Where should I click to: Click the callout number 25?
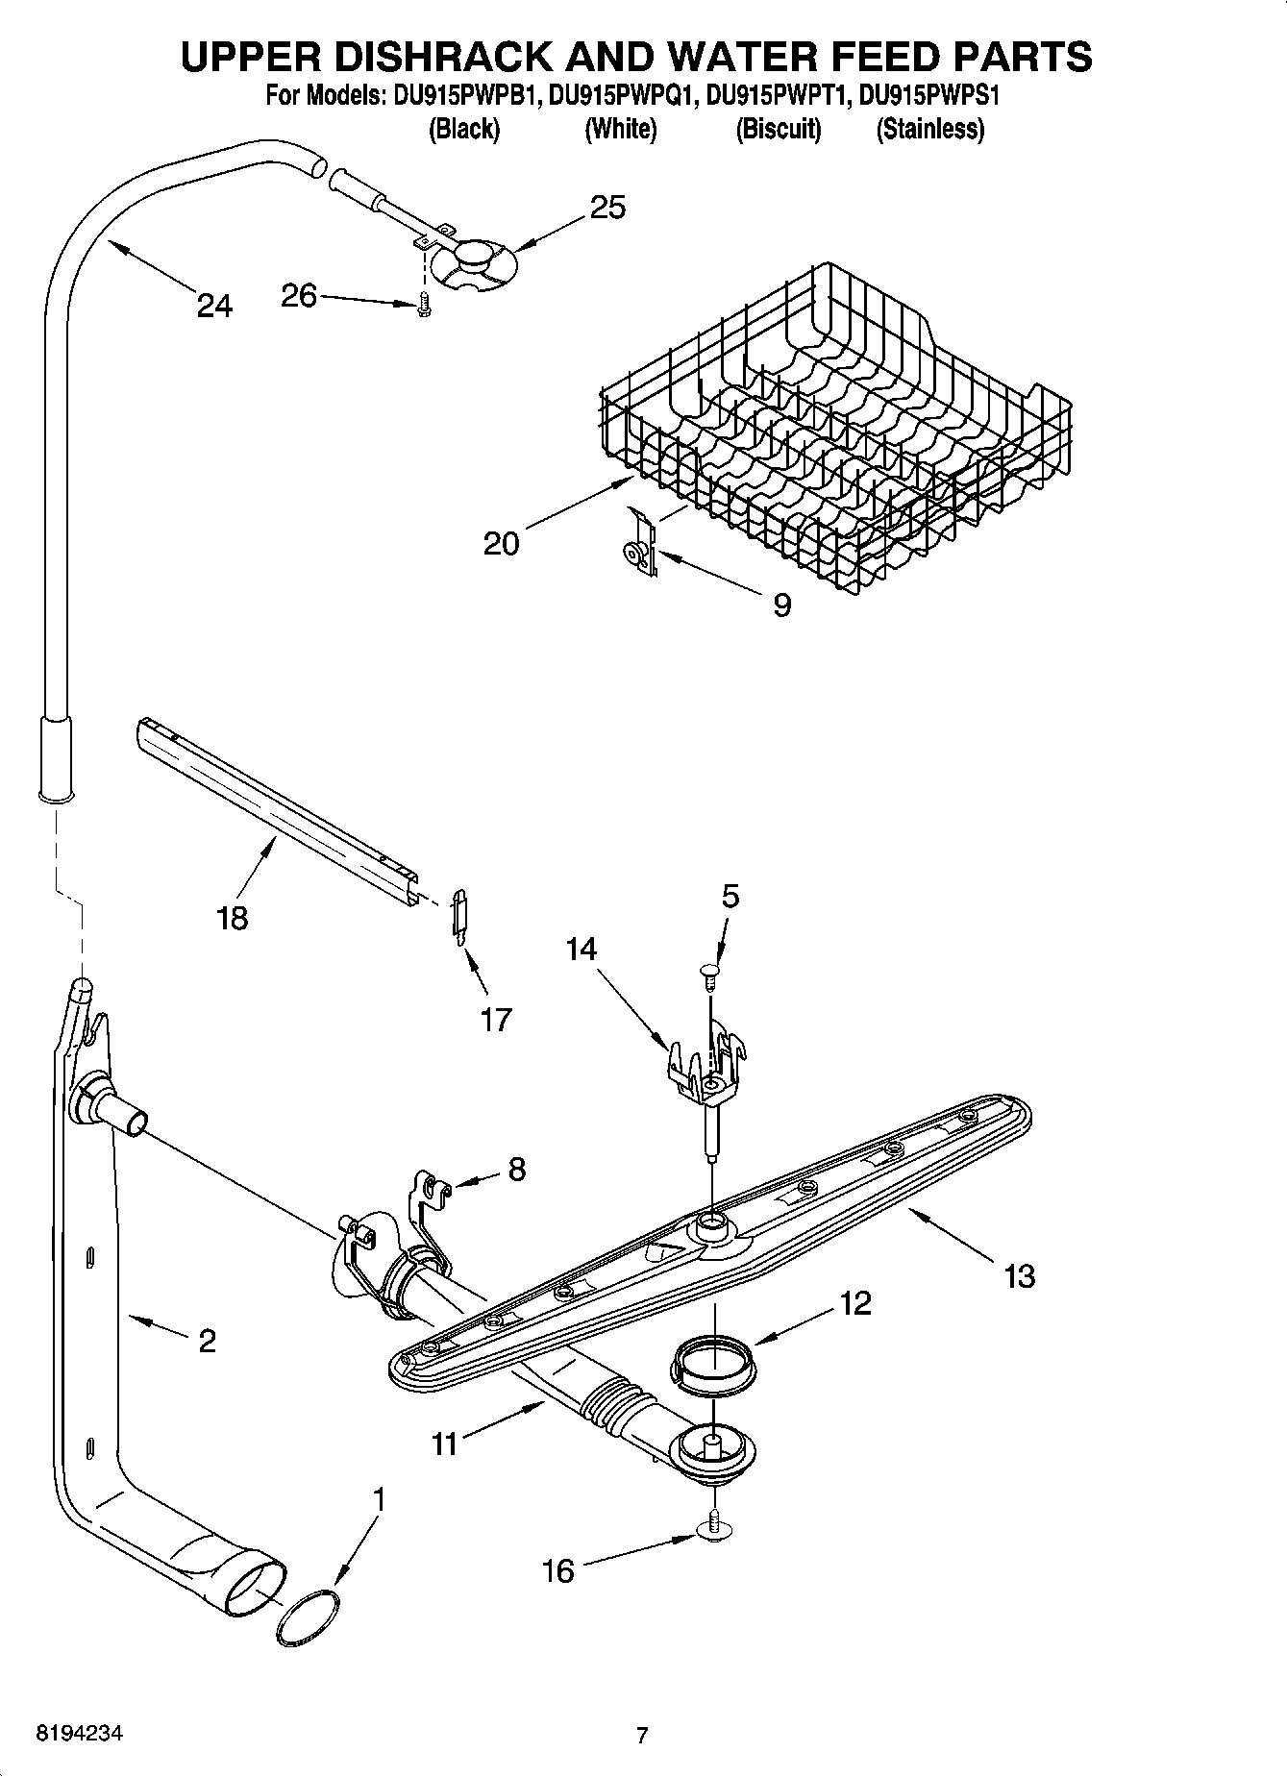[x=607, y=207]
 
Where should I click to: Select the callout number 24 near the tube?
[x=214, y=306]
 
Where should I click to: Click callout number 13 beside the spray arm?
[x=1019, y=1276]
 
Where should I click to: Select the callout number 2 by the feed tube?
[x=207, y=1340]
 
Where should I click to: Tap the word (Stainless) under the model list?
[x=929, y=129]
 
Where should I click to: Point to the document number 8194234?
[x=80, y=1734]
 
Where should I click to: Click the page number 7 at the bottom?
[x=642, y=1735]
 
